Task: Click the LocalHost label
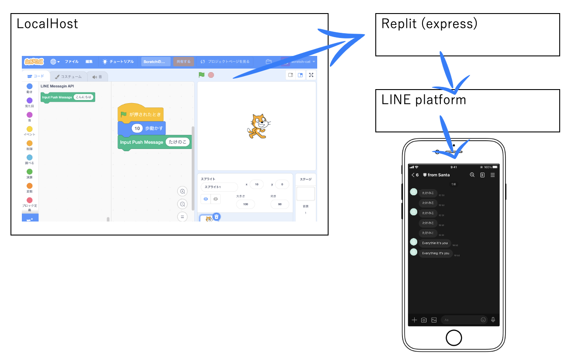47,24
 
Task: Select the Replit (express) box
467,35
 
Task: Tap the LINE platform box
467,111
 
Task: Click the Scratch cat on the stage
258,126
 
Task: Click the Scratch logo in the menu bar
34,62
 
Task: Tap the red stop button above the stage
211,75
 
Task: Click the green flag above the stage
201,75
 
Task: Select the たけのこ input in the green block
178,142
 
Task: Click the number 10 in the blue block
137,128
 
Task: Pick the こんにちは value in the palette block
83,97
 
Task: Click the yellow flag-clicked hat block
141,114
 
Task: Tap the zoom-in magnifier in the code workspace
183,191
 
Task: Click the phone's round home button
454,337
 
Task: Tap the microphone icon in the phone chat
493,320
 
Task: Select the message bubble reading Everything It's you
435,253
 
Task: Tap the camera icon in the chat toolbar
424,320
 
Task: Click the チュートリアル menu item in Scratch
118,62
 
